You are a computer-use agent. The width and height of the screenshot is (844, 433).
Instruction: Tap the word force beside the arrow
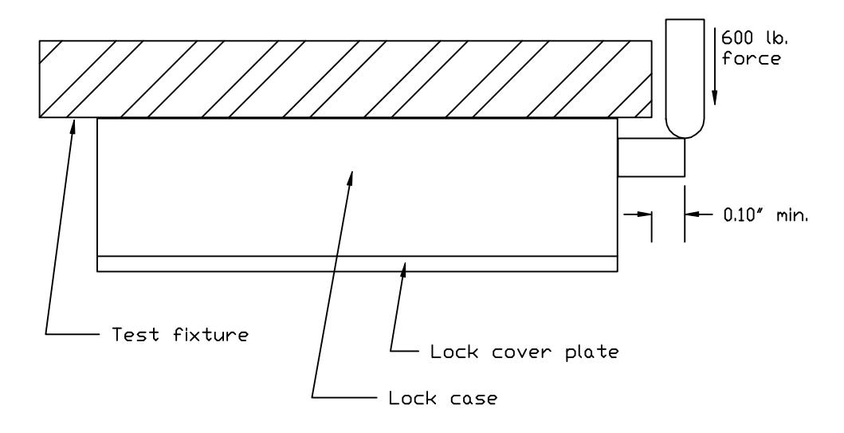tap(751, 57)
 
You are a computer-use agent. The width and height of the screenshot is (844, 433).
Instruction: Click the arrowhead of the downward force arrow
tap(714, 97)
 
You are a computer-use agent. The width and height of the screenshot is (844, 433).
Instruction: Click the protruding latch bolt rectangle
tap(651, 157)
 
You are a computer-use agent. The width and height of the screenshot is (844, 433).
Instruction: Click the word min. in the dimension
tap(792, 216)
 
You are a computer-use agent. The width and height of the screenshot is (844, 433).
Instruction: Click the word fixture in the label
tap(211, 334)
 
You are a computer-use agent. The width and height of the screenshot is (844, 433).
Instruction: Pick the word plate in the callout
tap(592, 352)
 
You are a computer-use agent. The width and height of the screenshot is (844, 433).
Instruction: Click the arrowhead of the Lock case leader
tap(351, 179)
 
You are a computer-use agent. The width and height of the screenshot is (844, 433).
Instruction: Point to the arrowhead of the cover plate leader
tap(403, 268)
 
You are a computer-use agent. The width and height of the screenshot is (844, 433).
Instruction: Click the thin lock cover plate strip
tap(357, 264)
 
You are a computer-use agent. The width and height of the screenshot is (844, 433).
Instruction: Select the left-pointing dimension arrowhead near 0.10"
tap(693, 215)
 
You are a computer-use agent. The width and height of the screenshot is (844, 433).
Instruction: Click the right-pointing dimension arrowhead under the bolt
tap(643, 215)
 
